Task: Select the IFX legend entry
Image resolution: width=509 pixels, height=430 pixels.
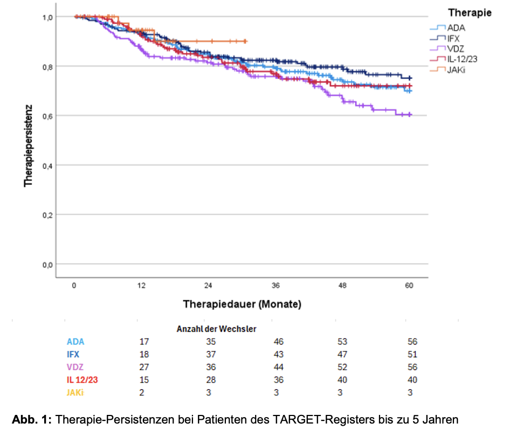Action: (453, 38)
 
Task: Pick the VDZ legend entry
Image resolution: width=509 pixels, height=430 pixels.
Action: (454, 48)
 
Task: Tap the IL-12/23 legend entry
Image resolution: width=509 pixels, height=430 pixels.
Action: (462, 59)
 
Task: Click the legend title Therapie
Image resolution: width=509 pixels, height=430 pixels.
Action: (470, 13)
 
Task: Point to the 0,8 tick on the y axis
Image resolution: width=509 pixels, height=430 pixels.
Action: (47, 66)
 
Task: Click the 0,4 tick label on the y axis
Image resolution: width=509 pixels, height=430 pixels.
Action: (47, 165)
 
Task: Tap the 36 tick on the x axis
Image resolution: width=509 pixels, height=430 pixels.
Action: (276, 286)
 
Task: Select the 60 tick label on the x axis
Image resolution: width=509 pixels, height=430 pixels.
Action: (409, 286)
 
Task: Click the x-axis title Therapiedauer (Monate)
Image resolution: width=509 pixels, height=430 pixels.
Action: (242, 304)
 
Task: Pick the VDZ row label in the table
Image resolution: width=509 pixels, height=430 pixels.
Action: (75, 367)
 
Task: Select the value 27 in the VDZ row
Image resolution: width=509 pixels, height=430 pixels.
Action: (144, 367)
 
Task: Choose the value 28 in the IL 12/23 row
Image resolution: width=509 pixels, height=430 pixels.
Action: (211, 380)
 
